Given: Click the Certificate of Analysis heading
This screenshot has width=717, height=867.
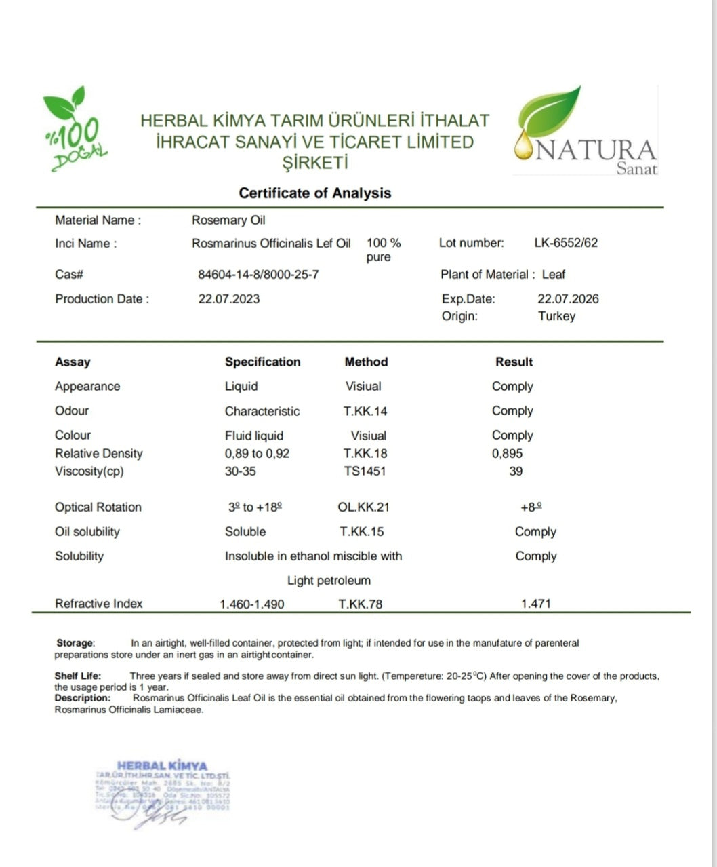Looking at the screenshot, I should (x=314, y=193).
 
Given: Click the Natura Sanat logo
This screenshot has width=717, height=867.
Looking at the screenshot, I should (x=585, y=133).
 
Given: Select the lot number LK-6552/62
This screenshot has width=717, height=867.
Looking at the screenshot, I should (x=566, y=243).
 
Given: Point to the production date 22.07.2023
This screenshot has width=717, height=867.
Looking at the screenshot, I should (x=228, y=299).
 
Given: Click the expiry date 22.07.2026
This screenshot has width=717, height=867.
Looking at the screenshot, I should (x=568, y=299).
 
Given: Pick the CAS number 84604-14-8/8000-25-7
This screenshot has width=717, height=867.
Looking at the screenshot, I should (x=258, y=275).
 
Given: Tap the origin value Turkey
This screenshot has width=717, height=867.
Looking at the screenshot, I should (x=556, y=316).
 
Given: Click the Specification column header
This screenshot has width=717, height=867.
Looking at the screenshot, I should (x=262, y=362).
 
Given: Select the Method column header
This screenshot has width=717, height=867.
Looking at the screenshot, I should (x=366, y=362).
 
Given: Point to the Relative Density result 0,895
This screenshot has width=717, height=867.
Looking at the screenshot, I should (x=507, y=454).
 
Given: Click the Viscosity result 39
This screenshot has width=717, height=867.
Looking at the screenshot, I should (x=516, y=471).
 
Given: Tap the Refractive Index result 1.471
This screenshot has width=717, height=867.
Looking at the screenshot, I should (x=535, y=604).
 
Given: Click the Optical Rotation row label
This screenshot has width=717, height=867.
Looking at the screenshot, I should (x=98, y=507).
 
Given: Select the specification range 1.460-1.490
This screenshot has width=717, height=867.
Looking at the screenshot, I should (x=252, y=604).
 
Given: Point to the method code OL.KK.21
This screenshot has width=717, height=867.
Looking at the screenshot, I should (x=363, y=507).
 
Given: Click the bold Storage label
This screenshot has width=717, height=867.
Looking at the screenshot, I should (x=75, y=643).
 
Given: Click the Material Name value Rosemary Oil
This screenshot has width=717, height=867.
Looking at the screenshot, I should (x=228, y=220).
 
